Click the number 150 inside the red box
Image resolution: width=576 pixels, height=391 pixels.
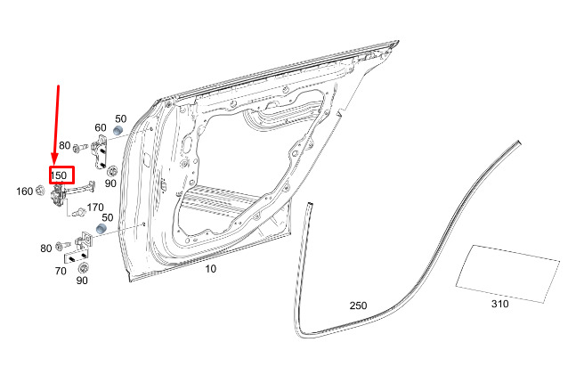59,175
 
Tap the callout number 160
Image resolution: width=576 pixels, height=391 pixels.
25,191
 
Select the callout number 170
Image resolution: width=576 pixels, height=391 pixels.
95,208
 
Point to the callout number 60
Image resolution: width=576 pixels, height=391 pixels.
101,127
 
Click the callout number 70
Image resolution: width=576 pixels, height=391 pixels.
61,271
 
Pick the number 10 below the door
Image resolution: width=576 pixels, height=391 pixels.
210,269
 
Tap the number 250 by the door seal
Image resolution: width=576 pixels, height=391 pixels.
358,305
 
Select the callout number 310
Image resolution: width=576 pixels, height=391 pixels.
500,304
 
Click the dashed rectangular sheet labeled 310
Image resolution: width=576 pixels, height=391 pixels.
507,273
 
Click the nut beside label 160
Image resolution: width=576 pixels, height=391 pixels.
40,191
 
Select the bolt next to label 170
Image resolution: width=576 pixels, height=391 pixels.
79,212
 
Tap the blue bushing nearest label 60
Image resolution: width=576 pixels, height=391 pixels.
118,130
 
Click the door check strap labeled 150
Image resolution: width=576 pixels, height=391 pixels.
69,193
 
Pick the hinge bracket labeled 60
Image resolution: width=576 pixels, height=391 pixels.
99,151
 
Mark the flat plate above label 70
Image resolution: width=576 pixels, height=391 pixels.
77,257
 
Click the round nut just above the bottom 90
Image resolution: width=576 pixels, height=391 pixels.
84,267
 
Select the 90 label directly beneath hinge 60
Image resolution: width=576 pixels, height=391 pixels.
110,183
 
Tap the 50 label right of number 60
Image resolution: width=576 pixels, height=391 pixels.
121,118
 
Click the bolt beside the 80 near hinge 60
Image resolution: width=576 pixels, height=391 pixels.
80,148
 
